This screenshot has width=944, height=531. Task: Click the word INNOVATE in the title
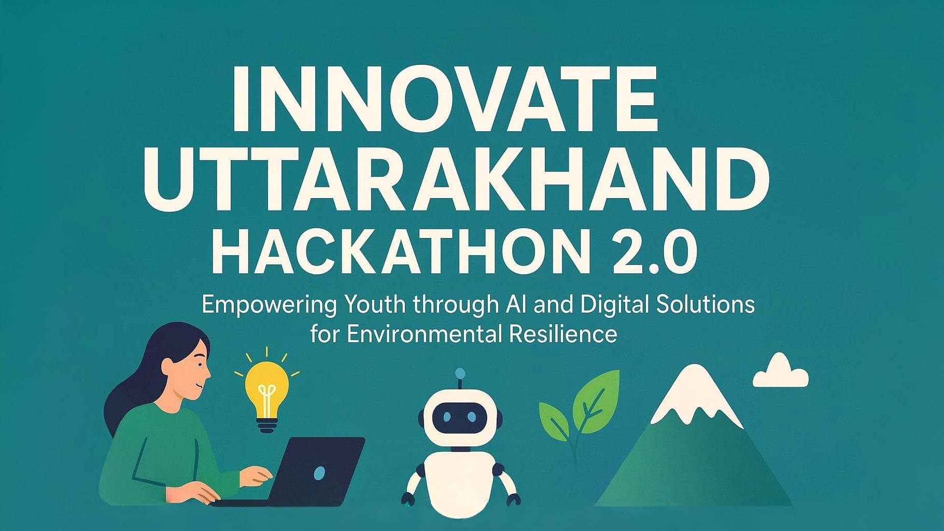[x=445, y=99]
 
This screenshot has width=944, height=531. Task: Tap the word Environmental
[x=425, y=333]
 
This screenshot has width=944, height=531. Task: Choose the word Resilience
[x=563, y=333]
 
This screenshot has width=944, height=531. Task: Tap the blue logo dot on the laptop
[x=319, y=472]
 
